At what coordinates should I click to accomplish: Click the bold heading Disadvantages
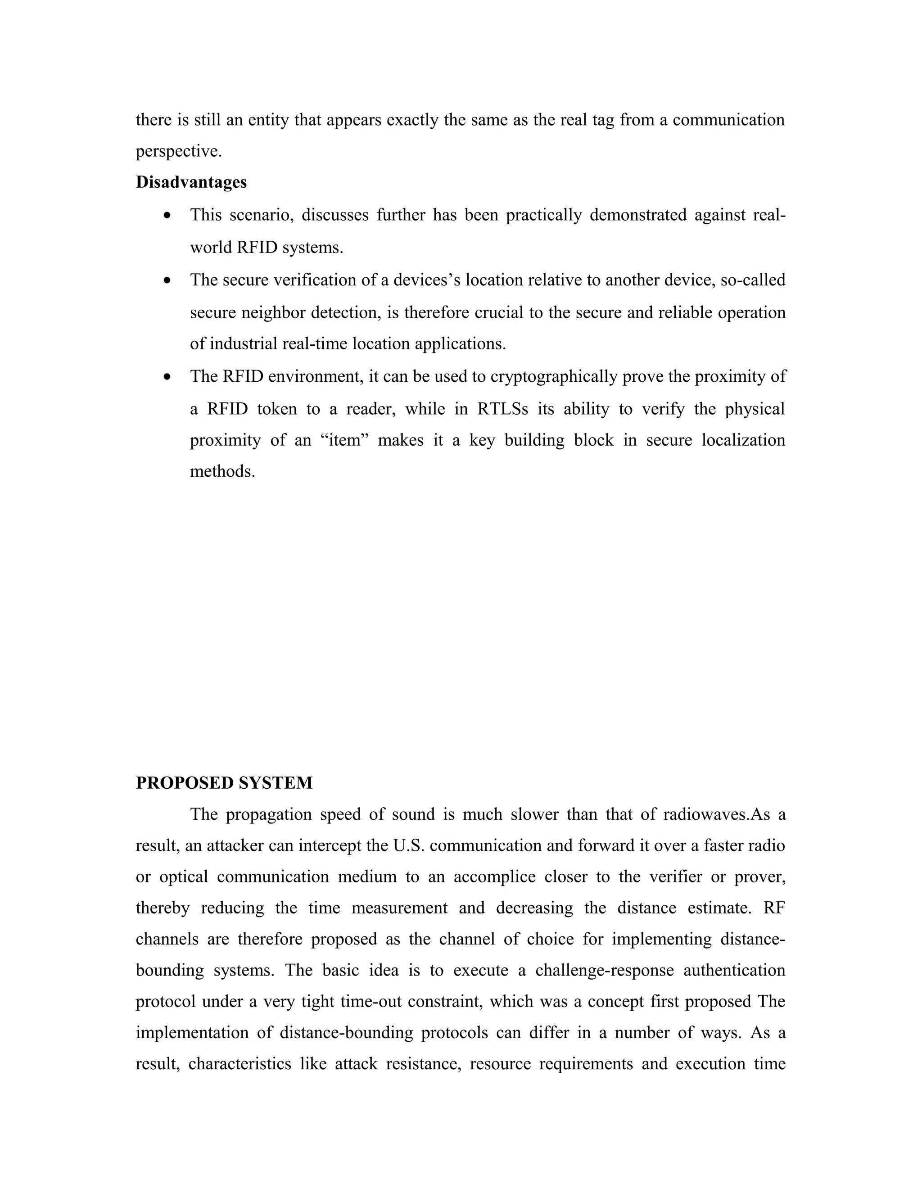191,182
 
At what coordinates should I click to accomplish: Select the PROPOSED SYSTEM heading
224,783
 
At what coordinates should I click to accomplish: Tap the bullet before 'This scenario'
167,215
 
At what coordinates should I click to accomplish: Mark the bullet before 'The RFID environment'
167,376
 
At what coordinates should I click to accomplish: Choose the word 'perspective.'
179,151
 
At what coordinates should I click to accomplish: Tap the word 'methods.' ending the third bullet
222,471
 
